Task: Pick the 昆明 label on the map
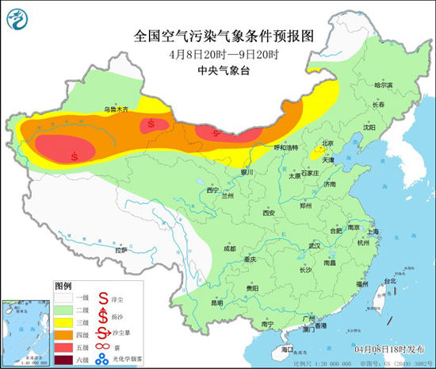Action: (x=216, y=302)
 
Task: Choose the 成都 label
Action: (x=229, y=248)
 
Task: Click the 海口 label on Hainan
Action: (x=286, y=349)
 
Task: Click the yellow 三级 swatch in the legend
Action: (x=67, y=324)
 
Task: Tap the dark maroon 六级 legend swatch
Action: (x=67, y=361)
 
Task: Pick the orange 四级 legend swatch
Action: (x=67, y=336)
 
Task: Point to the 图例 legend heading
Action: (x=63, y=285)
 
